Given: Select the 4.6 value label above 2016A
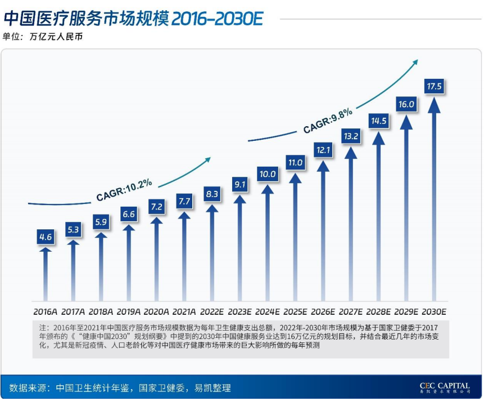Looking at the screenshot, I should click(46, 237).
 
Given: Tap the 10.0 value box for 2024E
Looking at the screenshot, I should click(268, 174).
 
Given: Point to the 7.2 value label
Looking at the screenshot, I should click(156, 207).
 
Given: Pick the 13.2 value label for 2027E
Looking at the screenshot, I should click(351, 136).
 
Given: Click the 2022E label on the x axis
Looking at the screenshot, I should click(212, 311).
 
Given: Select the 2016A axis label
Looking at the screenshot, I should click(46, 311).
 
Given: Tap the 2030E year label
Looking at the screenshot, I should click(434, 311).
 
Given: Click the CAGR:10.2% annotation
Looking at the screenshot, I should click(124, 190).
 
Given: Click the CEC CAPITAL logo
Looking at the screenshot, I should click(444, 387).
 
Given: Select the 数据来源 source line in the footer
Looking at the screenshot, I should click(120, 388).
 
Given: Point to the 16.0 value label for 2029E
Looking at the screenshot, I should click(406, 104).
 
